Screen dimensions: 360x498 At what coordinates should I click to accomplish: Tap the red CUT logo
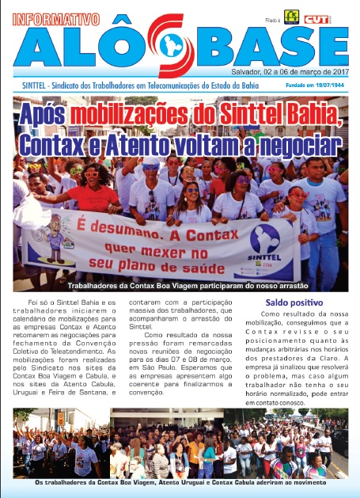320,17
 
